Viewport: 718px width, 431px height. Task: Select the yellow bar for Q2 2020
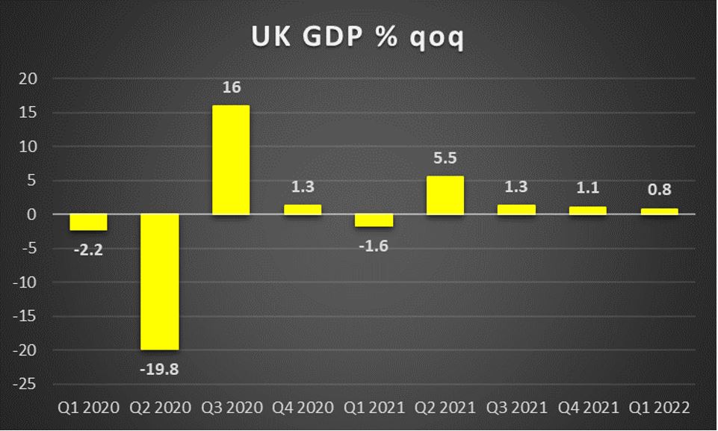160,282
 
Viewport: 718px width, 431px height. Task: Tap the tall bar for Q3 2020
231,160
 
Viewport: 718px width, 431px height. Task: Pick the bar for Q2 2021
445,195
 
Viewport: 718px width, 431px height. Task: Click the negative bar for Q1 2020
88,222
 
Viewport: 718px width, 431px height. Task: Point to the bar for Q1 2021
374,220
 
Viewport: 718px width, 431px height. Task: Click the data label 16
231,88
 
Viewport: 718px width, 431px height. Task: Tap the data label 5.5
445,159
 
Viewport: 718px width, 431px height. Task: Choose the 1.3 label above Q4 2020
302,187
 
